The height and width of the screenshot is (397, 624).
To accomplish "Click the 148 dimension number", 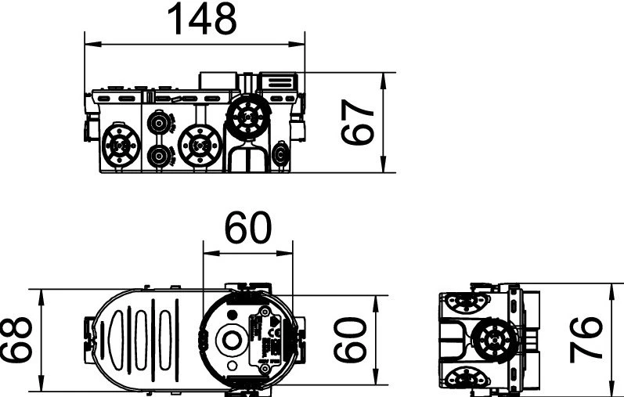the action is click(x=202, y=19).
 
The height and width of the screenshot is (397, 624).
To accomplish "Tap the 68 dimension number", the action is click(x=16, y=340).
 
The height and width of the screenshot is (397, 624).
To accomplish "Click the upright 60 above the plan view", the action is click(x=248, y=228).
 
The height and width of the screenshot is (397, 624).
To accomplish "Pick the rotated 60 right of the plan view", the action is click(x=350, y=340).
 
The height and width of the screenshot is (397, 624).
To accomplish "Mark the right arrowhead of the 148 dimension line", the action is click(x=296, y=45).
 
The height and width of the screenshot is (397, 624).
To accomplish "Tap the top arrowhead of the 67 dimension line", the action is click(x=383, y=81).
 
